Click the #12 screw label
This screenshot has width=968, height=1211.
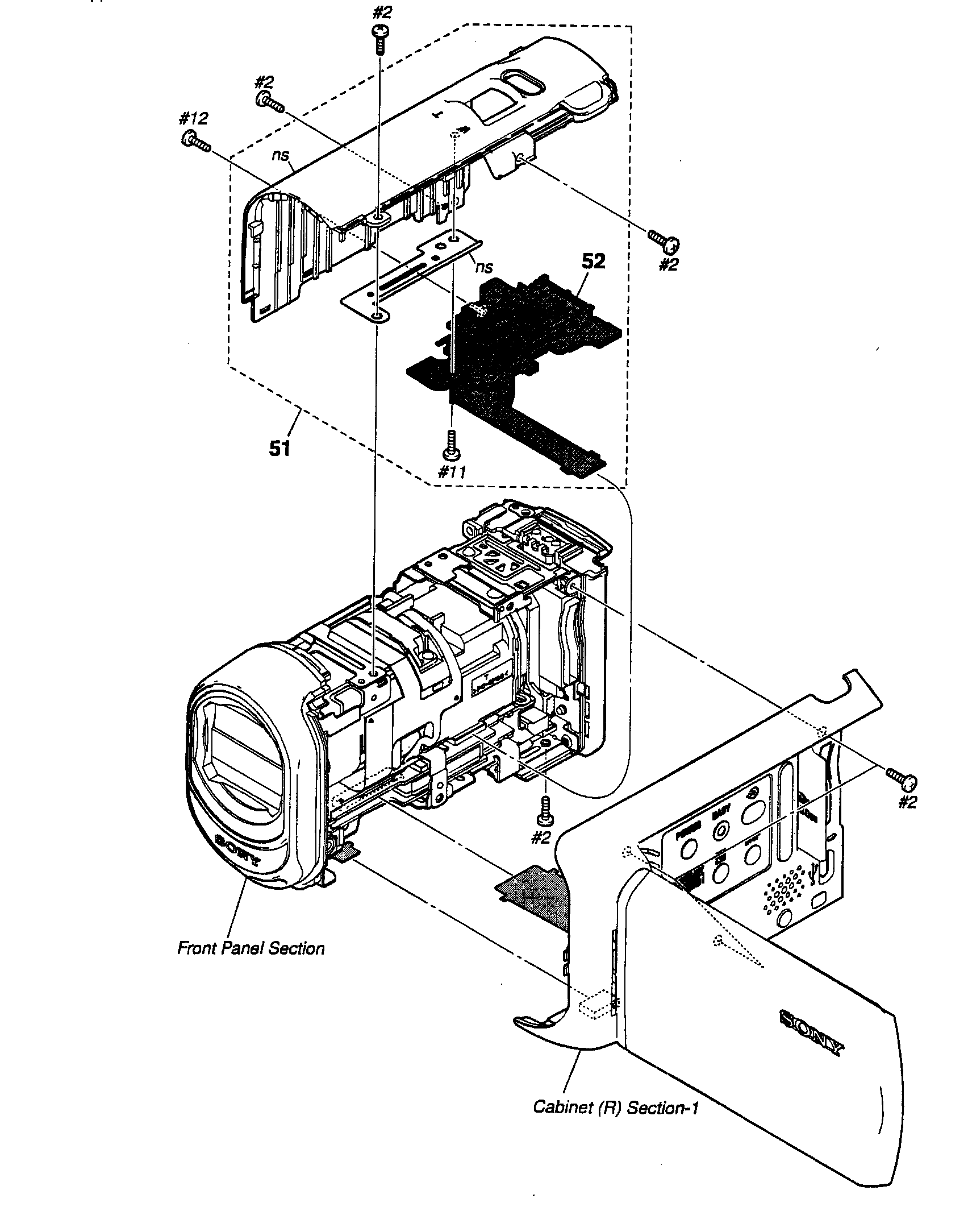[x=193, y=119]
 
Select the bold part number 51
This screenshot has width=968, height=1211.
[x=279, y=448]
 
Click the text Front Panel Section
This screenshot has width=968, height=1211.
[x=251, y=948]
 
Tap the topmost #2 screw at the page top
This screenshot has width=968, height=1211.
[x=379, y=38]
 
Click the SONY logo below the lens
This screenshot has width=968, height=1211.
[x=239, y=851]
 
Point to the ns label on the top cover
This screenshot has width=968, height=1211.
[x=280, y=155]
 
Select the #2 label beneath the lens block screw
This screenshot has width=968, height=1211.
[x=542, y=838]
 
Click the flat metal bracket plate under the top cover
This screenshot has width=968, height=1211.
[x=409, y=273]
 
